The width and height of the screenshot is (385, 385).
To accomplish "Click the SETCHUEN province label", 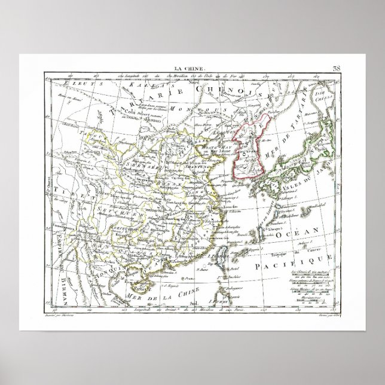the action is click(94, 210).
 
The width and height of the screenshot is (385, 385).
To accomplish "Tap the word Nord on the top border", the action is click(192, 82).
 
